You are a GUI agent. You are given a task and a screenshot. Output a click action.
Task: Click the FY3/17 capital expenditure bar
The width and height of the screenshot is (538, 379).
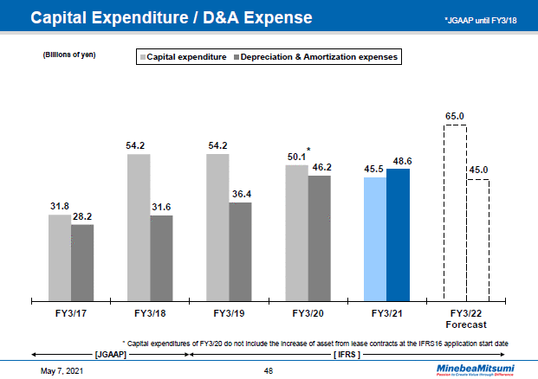tap(60, 257)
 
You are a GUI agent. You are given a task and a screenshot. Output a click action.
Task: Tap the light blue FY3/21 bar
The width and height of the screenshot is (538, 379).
tap(375, 240)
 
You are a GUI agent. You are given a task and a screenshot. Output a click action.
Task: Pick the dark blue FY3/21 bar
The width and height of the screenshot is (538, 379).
tap(399, 234)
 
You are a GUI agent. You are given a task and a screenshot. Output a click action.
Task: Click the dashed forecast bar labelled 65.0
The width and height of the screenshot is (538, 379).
tap(455, 213)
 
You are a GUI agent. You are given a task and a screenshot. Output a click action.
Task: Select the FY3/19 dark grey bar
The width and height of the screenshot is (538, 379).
tap(240, 251)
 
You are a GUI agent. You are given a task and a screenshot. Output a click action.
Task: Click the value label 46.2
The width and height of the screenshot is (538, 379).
tap(321, 166)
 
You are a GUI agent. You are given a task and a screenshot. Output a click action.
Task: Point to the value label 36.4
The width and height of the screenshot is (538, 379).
tap(241, 193)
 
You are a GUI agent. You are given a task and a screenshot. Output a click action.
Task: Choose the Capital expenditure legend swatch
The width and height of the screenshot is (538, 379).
tap(142, 56)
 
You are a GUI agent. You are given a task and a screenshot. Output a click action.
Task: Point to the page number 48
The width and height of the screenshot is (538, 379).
tap(269, 370)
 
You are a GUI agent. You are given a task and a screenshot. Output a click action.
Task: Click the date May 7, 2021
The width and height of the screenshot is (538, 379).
tap(64, 370)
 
